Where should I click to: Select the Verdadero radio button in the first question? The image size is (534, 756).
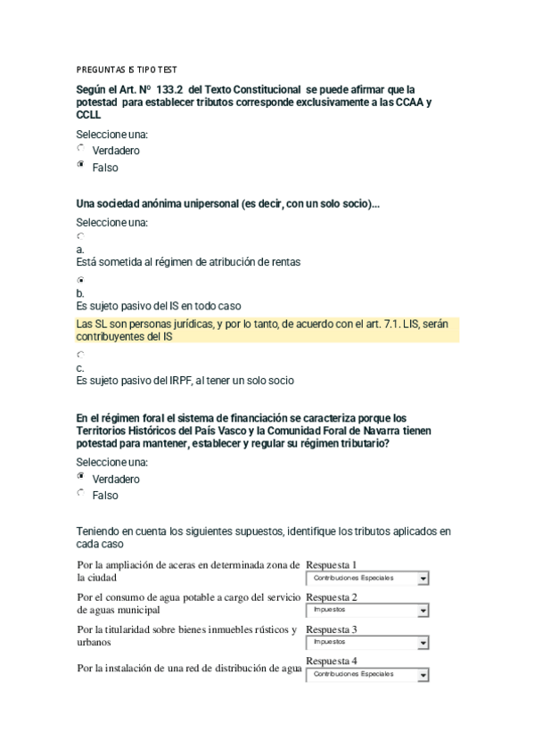coord(81,149)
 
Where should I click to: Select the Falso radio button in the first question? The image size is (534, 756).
coord(81,166)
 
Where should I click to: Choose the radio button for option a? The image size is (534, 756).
coord(80,236)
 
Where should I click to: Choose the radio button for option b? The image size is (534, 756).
coord(80,280)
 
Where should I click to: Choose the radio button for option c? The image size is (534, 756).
coord(80,354)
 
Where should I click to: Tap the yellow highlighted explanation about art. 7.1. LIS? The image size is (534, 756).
coord(267,330)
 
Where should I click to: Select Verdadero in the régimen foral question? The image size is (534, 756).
coord(81,477)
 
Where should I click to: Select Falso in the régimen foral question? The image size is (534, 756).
coord(81,493)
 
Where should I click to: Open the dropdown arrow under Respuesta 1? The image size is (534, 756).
coord(423,579)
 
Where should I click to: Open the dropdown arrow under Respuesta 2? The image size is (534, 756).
coord(423,611)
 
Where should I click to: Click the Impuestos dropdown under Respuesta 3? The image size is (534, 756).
coord(366,642)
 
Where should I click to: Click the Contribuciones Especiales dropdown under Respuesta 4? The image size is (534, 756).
coord(366,674)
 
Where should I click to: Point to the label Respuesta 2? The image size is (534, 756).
coord(331,596)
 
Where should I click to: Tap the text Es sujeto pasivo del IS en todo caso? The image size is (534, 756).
coord(159,306)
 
